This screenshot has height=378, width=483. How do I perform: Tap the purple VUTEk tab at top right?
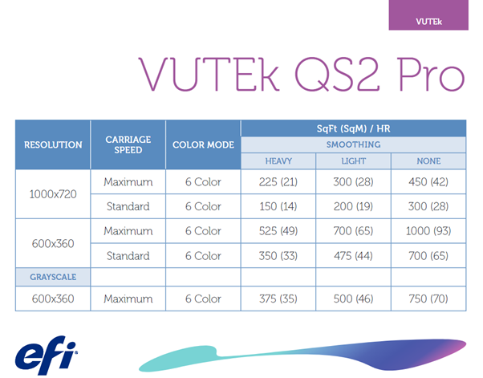428,16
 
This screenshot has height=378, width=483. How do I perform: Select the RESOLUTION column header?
53,144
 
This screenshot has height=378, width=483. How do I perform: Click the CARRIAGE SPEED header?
128,144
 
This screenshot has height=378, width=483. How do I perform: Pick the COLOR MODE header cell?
203,144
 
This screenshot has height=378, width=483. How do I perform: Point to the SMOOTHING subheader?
353,144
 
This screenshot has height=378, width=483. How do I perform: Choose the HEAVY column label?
278,161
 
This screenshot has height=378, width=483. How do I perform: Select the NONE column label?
428,161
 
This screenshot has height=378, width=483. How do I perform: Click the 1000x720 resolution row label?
53,194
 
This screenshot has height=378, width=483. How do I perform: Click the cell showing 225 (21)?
278,182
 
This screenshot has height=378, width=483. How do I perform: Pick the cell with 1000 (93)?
428,231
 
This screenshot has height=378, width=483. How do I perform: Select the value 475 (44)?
353,256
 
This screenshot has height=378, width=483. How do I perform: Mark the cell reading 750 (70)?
428,299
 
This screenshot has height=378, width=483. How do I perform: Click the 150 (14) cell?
278,206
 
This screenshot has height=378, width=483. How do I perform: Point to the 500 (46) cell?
353,299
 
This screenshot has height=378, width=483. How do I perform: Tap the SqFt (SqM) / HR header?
353,128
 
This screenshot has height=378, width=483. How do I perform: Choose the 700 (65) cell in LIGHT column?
353,231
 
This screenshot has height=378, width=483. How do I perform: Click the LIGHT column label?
353,161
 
